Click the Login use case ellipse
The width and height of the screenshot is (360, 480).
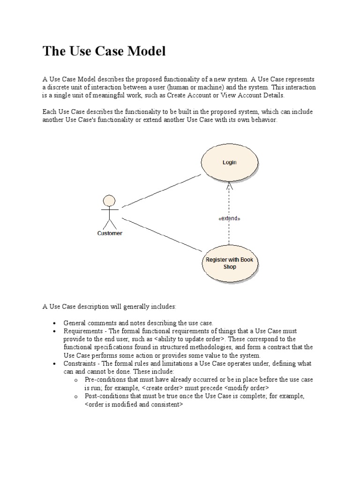229,163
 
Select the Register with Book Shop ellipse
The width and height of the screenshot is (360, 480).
229,263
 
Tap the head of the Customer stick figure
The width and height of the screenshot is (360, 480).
109,201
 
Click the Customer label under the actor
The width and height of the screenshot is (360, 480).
110,233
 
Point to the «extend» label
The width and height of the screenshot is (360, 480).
229,218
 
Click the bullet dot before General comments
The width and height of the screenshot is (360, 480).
54,323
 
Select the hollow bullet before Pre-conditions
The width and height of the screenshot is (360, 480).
76,380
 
